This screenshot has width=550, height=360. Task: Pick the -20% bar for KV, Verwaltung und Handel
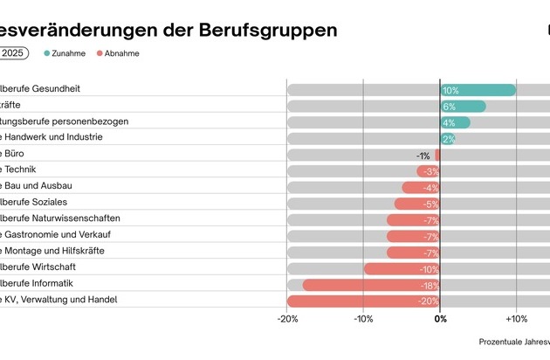click(362, 301)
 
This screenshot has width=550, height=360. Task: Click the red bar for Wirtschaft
click(402, 268)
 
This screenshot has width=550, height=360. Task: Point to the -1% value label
click(423, 156)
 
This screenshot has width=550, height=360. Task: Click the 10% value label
click(450, 91)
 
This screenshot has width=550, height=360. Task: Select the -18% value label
click(428, 285)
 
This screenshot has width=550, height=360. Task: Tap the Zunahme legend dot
click(46, 53)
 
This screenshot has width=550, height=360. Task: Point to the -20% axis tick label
click(287, 320)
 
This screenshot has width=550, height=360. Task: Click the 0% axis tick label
click(441, 320)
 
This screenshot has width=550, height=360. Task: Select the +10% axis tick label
click(516, 320)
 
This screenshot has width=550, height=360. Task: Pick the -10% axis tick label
click(364, 320)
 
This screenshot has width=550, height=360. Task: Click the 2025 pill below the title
click(13, 53)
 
